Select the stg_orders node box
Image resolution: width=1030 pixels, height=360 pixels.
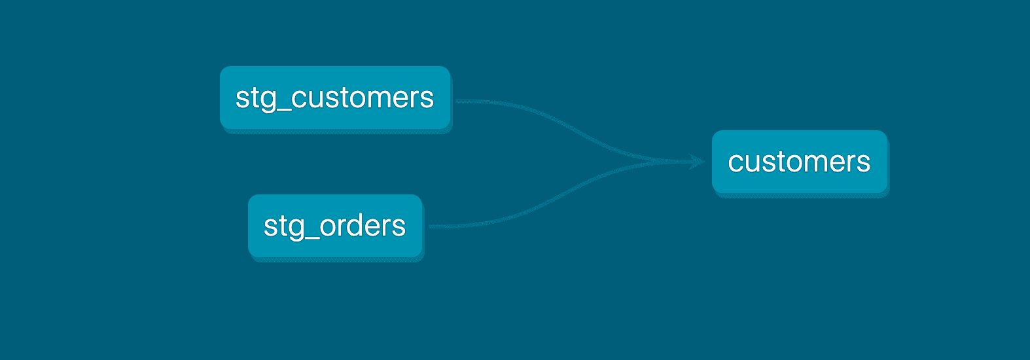click(335, 226)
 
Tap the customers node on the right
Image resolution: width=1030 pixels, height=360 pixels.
click(799, 162)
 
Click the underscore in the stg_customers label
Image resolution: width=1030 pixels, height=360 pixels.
click(283, 109)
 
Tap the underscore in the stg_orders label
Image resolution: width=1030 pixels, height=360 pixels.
click(311, 237)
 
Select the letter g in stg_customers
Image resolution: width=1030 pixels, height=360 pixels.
click(268, 99)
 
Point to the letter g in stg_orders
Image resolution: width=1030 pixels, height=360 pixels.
click(296, 228)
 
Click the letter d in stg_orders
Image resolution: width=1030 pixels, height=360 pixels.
click(362, 225)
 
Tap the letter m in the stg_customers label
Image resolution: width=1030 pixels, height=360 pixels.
click(374, 98)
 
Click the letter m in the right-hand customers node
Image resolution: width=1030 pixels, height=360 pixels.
click(811, 162)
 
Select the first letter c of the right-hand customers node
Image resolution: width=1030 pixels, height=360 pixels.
click(736, 162)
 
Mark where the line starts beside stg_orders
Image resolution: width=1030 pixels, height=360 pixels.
click(431, 226)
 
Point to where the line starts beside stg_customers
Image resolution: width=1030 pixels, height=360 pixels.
click(457, 101)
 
